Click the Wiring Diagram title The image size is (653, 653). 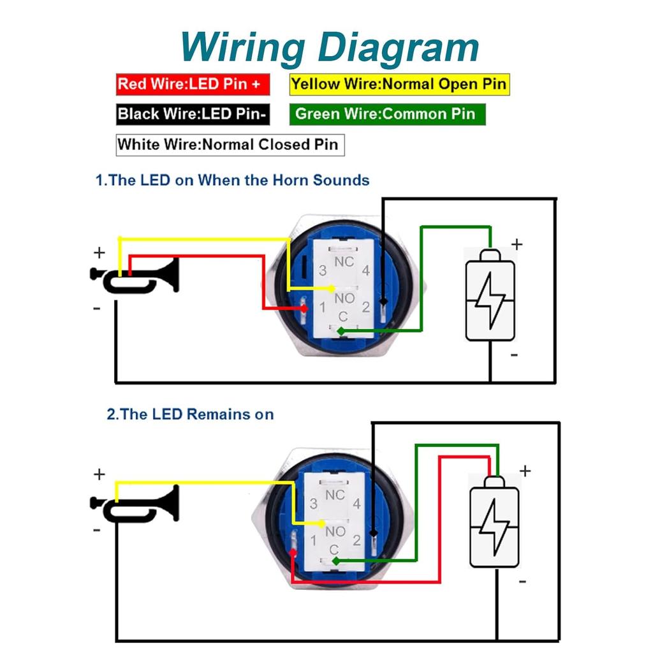(x=329, y=47)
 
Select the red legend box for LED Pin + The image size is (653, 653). (x=193, y=84)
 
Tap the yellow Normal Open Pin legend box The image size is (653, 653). (x=399, y=84)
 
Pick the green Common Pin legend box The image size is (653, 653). (x=386, y=115)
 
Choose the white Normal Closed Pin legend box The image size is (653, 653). (x=230, y=144)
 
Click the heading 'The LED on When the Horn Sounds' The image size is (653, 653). (x=232, y=180)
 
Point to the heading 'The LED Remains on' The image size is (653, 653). (x=190, y=415)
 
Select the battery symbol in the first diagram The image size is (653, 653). (x=490, y=295)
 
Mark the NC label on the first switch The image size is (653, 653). (x=344, y=261)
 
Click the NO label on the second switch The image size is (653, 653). (x=335, y=531)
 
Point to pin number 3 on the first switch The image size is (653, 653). (x=323, y=271)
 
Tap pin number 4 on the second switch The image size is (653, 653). (x=356, y=504)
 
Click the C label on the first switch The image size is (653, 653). (x=343, y=317)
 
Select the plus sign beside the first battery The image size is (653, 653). (x=517, y=244)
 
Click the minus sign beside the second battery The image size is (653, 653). (x=522, y=581)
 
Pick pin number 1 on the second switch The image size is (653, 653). (x=313, y=541)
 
